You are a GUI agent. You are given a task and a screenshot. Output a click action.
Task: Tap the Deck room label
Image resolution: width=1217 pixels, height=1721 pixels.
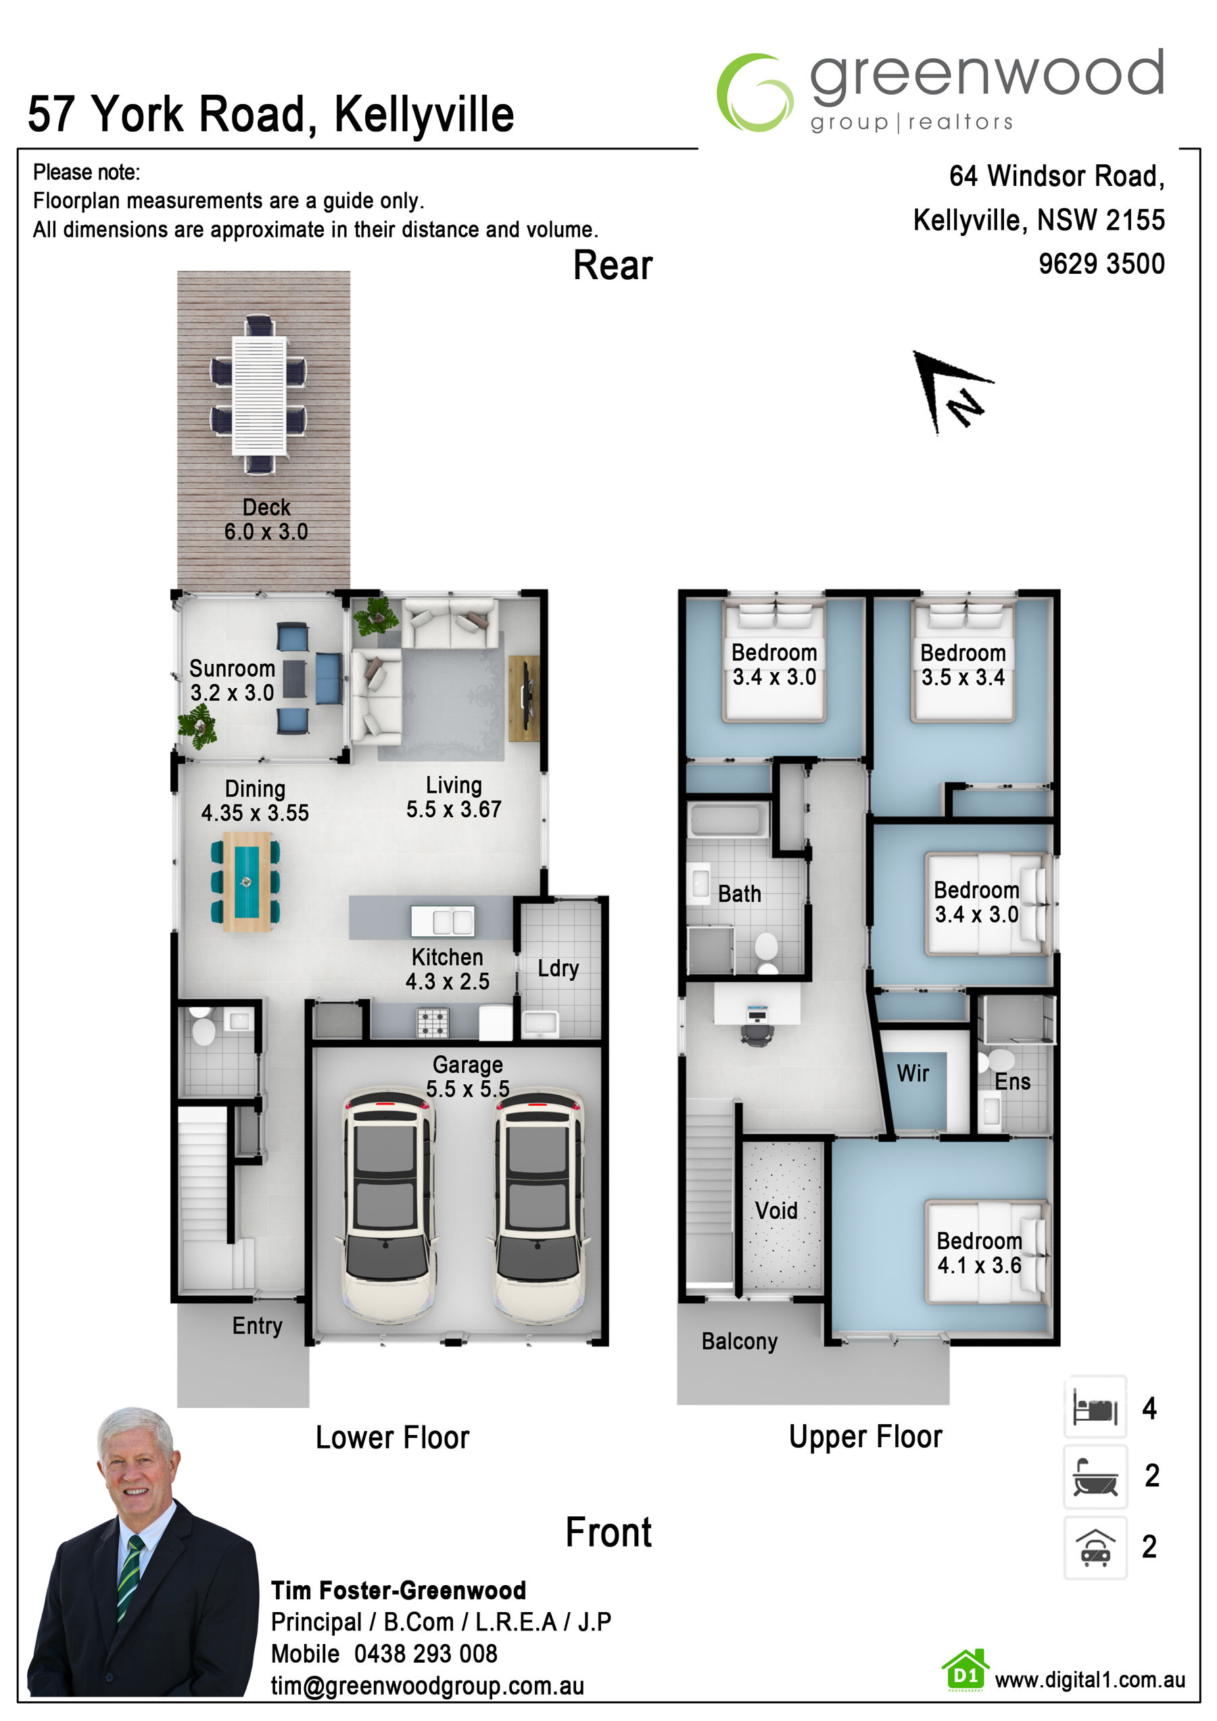pos(266,508)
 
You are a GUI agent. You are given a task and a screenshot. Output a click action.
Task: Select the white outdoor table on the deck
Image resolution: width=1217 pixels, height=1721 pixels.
pos(259,395)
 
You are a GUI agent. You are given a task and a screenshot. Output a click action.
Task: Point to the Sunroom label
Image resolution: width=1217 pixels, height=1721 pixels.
pos(232,669)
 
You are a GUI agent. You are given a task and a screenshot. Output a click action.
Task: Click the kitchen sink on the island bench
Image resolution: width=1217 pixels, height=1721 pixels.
pos(442,922)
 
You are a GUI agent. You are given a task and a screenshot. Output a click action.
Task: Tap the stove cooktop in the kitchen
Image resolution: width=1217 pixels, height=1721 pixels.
pos(433,1023)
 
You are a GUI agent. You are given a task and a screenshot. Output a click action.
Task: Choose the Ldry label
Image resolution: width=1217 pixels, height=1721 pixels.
pos(558,969)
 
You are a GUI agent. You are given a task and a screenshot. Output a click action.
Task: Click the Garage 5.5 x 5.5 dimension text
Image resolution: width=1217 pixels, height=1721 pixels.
pos(468,1089)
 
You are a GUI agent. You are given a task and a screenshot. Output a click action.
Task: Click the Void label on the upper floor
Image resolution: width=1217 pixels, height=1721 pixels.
pos(776,1211)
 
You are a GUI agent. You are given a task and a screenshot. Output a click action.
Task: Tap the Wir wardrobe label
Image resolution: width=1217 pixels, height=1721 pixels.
pos(913,1073)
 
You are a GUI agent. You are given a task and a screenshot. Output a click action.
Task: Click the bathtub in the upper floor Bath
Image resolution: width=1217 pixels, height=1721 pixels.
pos(728,820)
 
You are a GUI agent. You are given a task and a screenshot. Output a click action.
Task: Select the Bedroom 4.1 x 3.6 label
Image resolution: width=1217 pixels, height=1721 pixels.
pos(979,1253)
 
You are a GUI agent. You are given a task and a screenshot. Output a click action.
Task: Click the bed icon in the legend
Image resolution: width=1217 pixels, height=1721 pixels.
pos(1095,1409)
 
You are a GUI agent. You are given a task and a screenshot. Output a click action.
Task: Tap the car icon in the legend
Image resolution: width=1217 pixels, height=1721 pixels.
pos(1095,1547)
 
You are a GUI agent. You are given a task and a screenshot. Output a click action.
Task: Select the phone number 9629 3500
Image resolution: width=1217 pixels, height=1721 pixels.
pos(1101,264)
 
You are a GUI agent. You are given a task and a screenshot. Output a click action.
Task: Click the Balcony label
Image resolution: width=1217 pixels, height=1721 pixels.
pos(740,1341)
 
